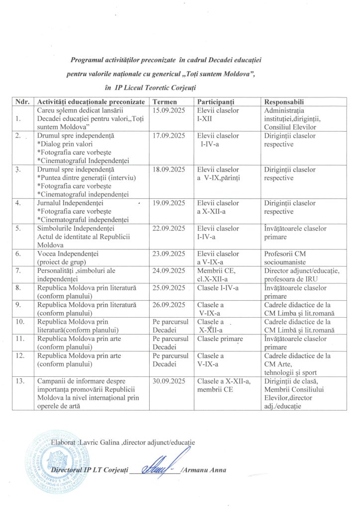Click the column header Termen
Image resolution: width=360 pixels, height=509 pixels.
[164, 101]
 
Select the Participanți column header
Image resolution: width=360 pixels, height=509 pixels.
[215, 101]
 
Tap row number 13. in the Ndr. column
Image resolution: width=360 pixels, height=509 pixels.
[20, 381]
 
